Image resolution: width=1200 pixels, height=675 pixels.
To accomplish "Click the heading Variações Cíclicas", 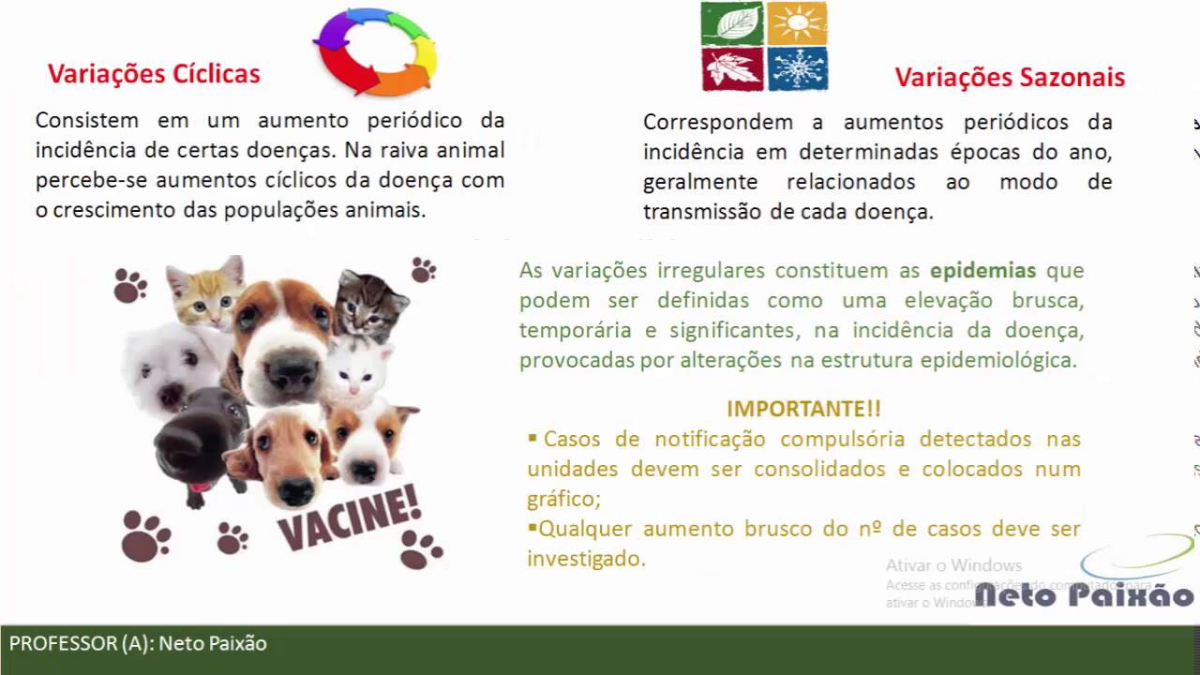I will tap(154, 74).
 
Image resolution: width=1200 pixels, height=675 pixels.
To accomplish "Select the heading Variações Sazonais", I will tap(1009, 77).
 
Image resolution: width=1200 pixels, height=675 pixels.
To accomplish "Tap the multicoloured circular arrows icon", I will tap(375, 51).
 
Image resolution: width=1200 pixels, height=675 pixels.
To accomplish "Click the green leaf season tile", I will tap(732, 22).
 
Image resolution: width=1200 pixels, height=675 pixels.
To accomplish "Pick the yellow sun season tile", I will tap(797, 22).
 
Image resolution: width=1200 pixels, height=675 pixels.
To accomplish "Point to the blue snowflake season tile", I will tap(797, 68).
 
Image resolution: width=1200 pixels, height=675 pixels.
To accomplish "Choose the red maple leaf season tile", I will tap(732, 68).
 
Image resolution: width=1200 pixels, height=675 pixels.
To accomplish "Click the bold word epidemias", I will tap(982, 271).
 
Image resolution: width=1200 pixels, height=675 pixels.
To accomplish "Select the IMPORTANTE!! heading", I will tap(803, 409).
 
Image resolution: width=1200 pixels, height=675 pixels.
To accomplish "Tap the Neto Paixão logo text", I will tap(1084, 594).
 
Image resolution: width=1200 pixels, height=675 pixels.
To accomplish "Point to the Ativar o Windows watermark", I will tap(953, 565).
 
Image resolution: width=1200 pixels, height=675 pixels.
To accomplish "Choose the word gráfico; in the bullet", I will tap(563, 499).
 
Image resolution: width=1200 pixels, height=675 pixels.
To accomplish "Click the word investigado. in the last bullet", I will tap(586, 559).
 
